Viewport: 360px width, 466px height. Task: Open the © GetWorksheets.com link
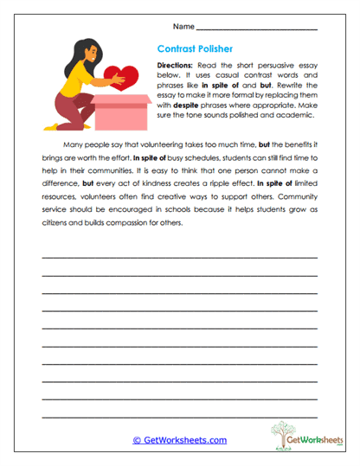179,440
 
